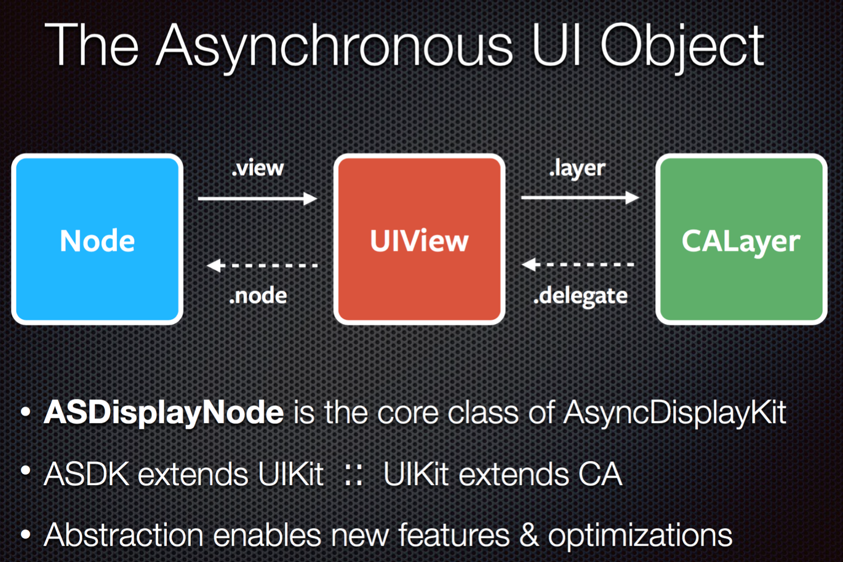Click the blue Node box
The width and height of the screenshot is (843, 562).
click(x=97, y=239)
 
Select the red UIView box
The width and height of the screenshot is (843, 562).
click(x=419, y=239)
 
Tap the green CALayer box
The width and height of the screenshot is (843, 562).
click(x=741, y=239)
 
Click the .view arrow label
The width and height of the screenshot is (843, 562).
click(x=258, y=168)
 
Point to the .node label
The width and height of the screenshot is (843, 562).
click(x=258, y=296)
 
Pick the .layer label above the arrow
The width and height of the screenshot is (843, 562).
click(x=577, y=168)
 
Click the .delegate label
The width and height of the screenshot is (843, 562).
click(x=580, y=296)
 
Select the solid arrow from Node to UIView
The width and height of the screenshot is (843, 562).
click(x=257, y=198)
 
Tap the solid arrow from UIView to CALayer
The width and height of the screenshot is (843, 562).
click(x=580, y=197)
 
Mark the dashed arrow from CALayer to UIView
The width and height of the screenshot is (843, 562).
click(x=578, y=264)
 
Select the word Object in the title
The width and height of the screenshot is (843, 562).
click(x=682, y=46)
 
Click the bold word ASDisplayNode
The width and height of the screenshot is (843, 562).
click(x=164, y=412)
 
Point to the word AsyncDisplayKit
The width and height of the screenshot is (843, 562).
click(x=674, y=412)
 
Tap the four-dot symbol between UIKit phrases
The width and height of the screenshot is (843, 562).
click(x=353, y=474)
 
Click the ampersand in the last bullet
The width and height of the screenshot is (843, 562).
click(x=529, y=535)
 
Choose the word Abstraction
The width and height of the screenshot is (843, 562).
click(x=123, y=535)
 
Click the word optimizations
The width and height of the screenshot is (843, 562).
click(x=640, y=535)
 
